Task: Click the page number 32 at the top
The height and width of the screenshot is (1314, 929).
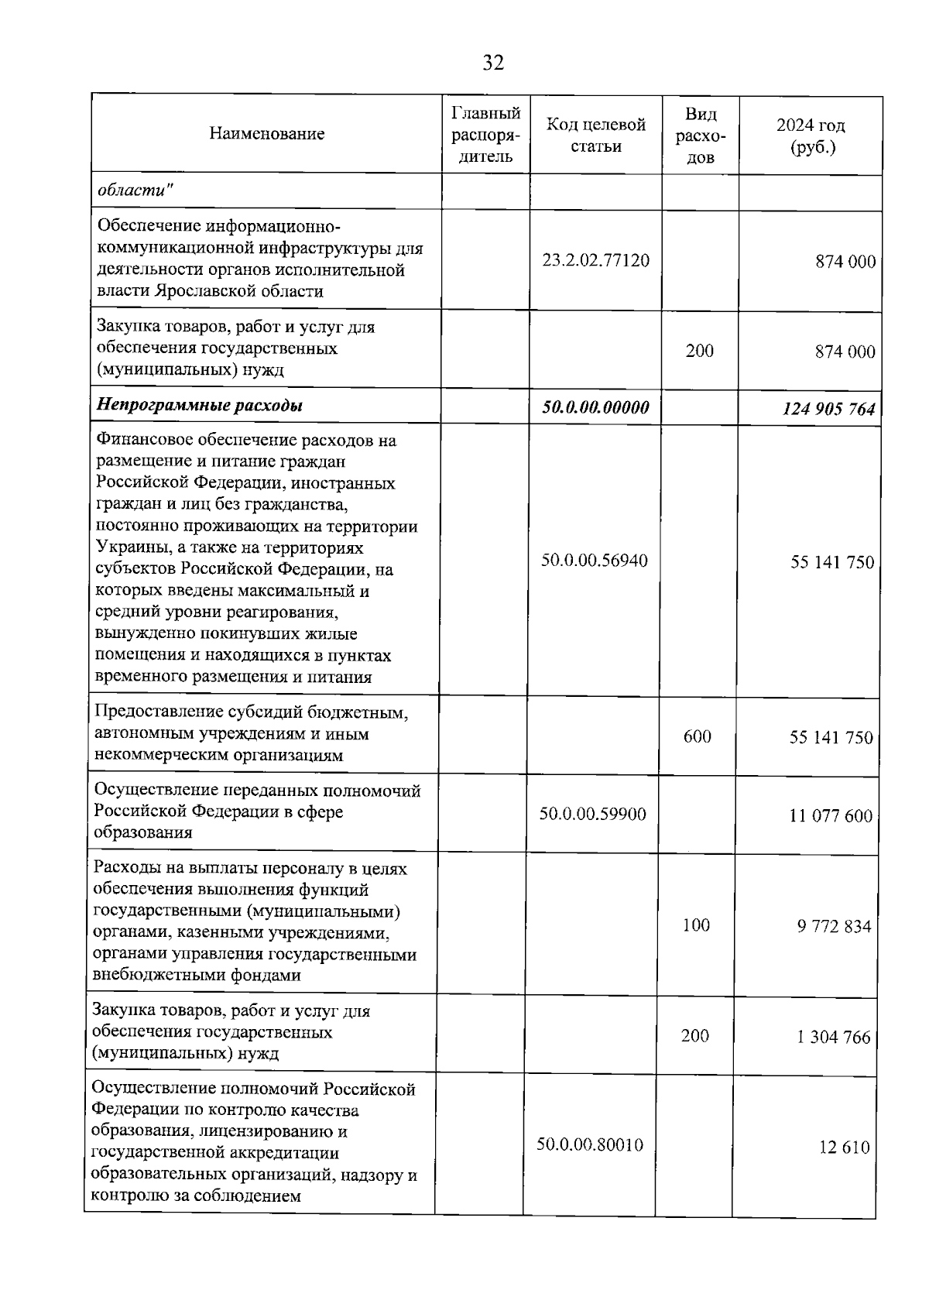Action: click(x=493, y=63)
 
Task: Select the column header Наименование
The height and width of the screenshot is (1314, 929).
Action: click(x=266, y=134)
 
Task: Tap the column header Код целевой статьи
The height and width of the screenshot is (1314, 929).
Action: click(x=596, y=135)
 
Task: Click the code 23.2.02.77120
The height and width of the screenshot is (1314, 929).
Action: click(x=595, y=260)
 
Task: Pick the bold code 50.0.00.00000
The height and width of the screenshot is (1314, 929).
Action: click(x=595, y=407)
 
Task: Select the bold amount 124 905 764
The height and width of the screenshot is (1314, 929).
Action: click(x=828, y=408)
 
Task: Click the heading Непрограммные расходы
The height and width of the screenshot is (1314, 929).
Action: click(x=199, y=405)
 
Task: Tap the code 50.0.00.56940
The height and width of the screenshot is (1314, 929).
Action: click(x=594, y=560)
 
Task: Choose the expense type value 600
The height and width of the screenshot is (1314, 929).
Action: click(x=697, y=736)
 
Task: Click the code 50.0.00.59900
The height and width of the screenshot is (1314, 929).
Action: click(x=592, y=814)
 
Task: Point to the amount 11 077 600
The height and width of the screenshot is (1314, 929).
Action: click(x=831, y=815)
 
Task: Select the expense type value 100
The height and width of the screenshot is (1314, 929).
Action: click(x=696, y=925)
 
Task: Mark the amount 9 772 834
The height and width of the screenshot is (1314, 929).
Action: click(x=834, y=926)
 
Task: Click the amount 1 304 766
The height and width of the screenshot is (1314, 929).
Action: click(x=834, y=1037)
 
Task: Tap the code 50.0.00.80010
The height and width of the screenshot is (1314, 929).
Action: click(x=590, y=1144)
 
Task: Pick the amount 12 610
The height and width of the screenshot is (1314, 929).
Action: click(x=845, y=1147)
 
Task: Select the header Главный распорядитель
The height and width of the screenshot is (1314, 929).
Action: click(x=485, y=134)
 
